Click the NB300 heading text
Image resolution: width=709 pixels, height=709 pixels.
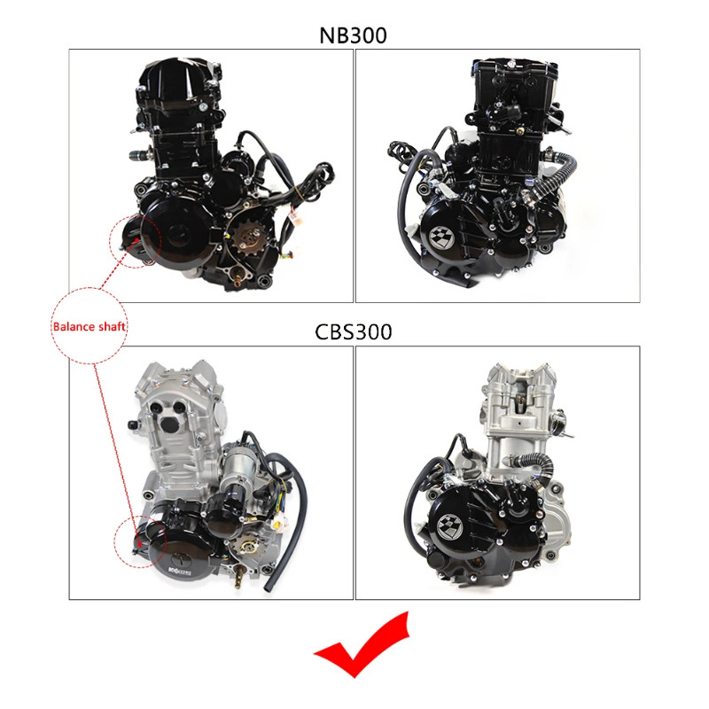coord(354,35)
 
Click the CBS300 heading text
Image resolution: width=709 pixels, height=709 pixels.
coord(354,331)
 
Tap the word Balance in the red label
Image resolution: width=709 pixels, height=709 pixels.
coord(72,326)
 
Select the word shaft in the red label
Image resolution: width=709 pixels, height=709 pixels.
coord(112,326)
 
